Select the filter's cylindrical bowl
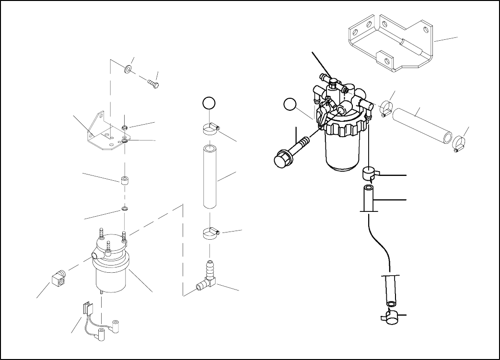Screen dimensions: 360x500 click(343, 151)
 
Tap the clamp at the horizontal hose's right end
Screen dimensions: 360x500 click(459, 143)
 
